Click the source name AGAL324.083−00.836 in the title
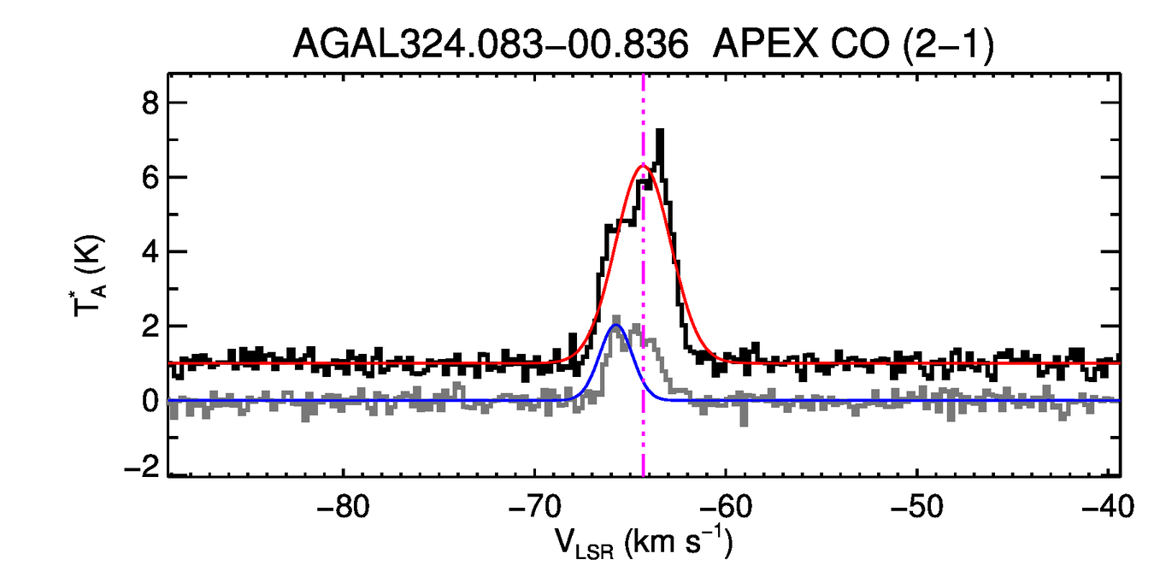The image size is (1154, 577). [x=491, y=43]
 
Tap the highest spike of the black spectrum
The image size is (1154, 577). [x=660, y=131]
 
